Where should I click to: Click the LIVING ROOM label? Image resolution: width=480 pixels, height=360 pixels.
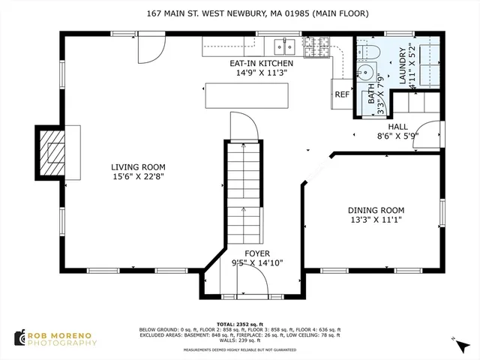click(x=138, y=167)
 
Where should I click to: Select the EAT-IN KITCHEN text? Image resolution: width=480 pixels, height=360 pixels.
click(x=261, y=64)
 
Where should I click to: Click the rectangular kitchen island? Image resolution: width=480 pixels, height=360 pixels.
click(x=245, y=95)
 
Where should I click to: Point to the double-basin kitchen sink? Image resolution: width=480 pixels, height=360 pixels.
click(x=283, y=46)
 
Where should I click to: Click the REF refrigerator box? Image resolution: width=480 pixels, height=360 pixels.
click(x=342, y=94)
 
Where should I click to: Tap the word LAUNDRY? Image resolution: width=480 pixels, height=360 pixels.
click(x=403, y=59)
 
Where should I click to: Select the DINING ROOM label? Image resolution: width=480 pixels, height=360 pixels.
click(x=376, y=210)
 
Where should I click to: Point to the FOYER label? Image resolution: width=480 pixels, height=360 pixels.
click(x=257, y=253)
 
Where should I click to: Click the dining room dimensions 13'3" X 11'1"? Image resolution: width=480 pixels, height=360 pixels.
click(x=376, y=220)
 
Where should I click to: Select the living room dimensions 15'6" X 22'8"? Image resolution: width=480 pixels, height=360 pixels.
click(x=138, y=177)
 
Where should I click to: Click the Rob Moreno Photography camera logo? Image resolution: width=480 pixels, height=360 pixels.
click(x=20, y=338)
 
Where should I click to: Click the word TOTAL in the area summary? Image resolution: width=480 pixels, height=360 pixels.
click(x=226, y=324)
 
